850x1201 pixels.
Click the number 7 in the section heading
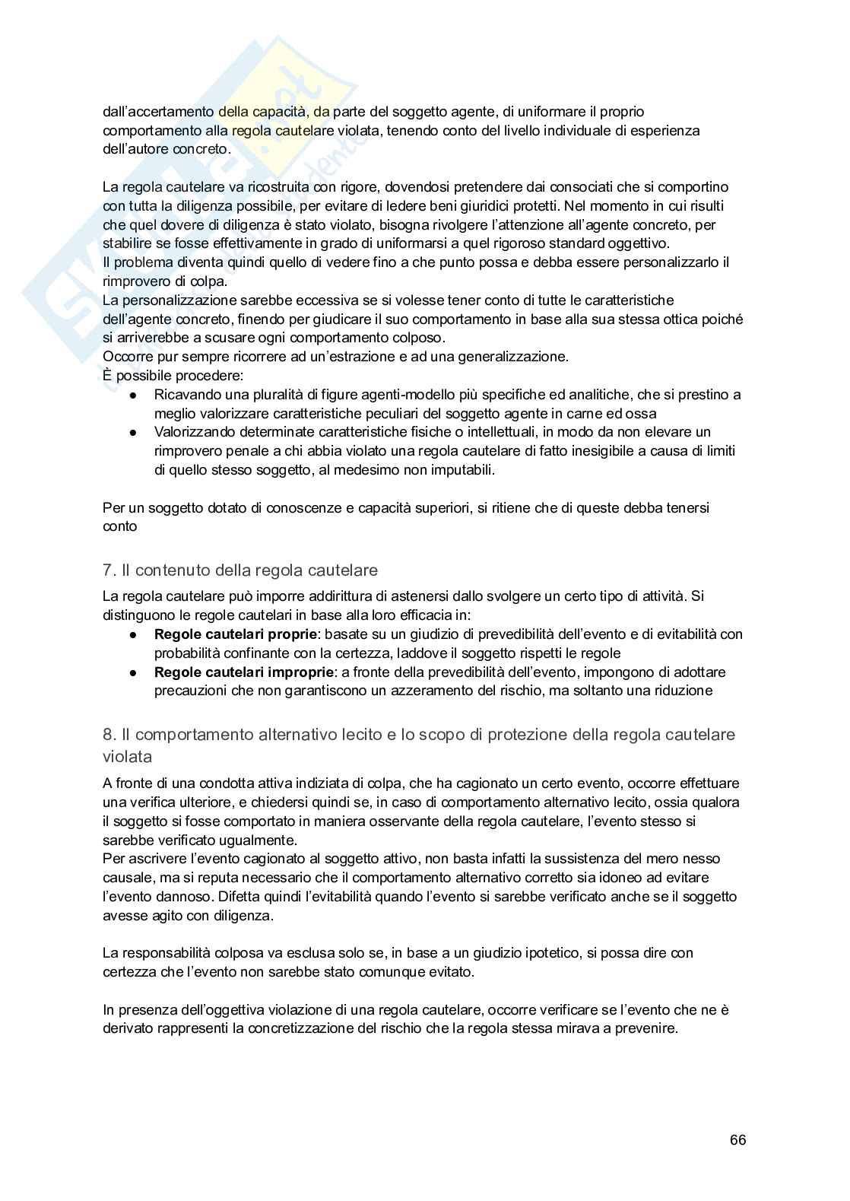click(x=107, y=570)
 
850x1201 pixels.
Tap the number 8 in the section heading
click(x=107, y=735)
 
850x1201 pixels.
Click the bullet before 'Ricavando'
click(x=133, y=396)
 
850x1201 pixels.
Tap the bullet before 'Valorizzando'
click(x=133, y=433)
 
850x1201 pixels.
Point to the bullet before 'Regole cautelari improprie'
click(x=133, y=673)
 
